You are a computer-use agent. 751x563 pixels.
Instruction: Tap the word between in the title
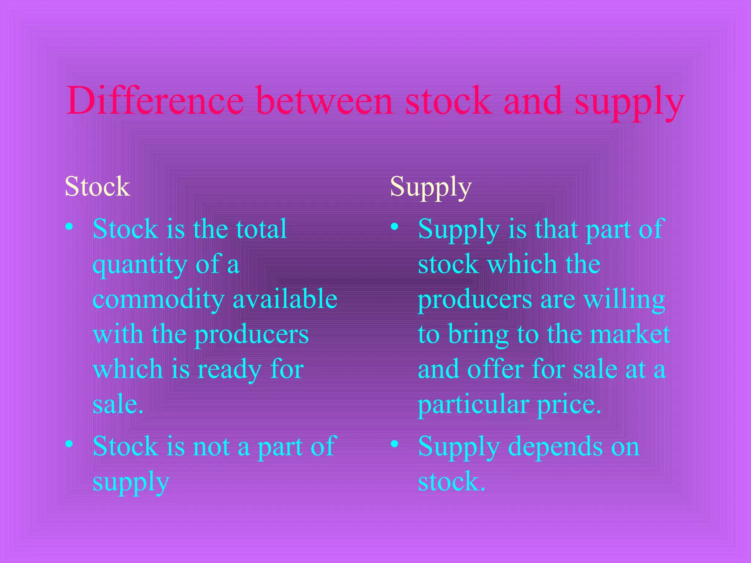pos(325,100)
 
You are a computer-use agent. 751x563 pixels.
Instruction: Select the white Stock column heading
pos(98,186)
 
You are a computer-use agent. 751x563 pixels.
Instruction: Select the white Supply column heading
pos(431,187)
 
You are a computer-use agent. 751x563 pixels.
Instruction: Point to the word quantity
pos(140,265)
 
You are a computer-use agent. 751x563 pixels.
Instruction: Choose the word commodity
pos(158,299)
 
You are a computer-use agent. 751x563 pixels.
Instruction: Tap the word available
pos(285,299)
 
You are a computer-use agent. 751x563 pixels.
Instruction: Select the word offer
pos(495,369)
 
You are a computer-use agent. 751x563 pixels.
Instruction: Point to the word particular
pos(473,405)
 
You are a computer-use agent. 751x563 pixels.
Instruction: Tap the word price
pos(569,405)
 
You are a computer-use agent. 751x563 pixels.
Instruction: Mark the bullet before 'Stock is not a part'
pos(69,444)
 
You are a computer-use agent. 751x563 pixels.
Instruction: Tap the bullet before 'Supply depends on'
pos(395,444)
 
